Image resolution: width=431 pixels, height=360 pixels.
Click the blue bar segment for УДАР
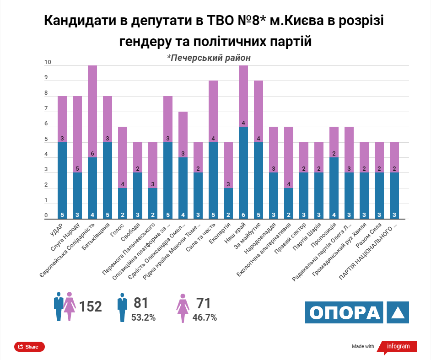coord(62,180)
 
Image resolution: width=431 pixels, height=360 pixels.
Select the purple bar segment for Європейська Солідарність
coord(92,111)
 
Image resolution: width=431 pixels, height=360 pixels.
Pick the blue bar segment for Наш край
coord(243,172)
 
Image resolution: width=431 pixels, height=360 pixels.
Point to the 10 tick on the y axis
coord(48,63)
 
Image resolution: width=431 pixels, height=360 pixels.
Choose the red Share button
coord(29,347)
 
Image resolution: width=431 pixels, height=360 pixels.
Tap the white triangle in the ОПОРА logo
coord(397,312)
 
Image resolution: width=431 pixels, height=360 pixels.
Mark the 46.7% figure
coord(205,317)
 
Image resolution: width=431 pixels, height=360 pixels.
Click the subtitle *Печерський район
coord(209,58)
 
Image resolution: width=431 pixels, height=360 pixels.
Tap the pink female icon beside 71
coord(183,308)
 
